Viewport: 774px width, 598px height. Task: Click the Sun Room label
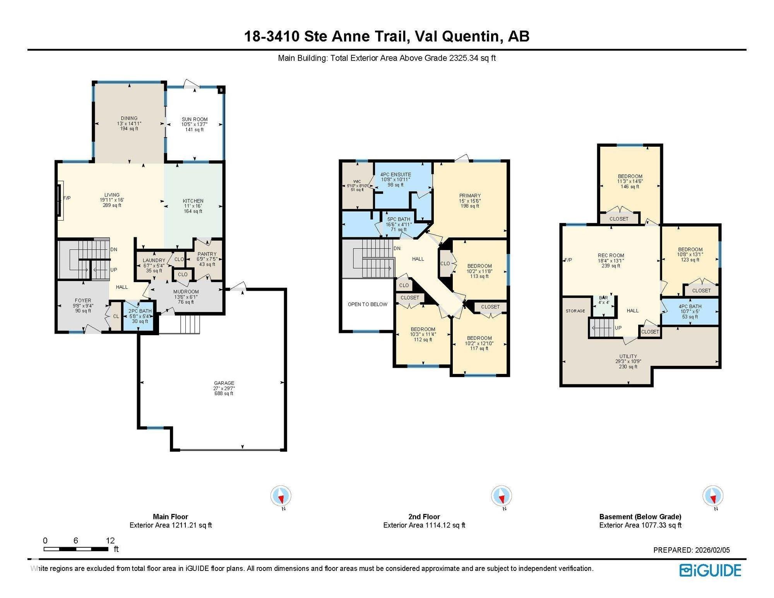tap(195, 120)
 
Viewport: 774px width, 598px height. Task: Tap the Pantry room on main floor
tap(207, 259)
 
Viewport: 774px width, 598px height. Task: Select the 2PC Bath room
tap(140, 316)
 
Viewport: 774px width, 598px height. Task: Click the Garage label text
tap(224, 383)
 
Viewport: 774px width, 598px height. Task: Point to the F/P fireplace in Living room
tap(67, 198)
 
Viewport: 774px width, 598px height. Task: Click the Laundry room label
tap(154, 260)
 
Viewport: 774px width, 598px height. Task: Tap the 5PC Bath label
tap(398, 219)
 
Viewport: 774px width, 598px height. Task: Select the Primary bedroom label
tap(470, 196)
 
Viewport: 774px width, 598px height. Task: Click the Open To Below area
tap(367, 304)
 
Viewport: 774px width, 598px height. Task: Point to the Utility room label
tap(628, 356)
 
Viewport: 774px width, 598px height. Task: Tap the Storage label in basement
tap(575, 311)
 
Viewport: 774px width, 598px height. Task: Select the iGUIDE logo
tap(710, 571)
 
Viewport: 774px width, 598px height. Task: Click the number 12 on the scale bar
tap(110, 540)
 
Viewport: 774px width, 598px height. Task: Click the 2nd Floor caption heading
tap(424, 516)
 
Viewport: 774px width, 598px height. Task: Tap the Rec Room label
tap(611, 255)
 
